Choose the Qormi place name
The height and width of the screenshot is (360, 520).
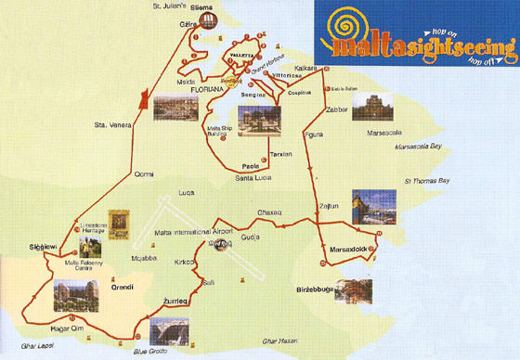[x=145, y=174]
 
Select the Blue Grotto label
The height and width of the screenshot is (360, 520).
[x=149, y=351]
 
